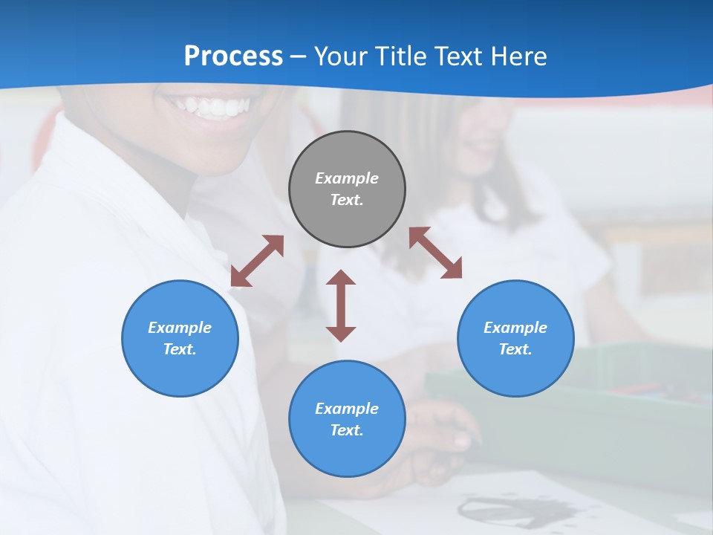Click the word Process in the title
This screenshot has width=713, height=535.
(x=233, y=56)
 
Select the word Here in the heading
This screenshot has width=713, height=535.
(x=517, y=56)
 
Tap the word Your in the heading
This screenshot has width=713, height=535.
(x=342, y=56)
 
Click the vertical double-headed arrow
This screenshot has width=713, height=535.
(x=341, y=305)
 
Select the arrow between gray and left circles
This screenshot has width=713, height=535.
(x=257, y=261)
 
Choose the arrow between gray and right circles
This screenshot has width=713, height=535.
(x=435, y=253)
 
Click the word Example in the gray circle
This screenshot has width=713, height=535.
(x=347, y=178)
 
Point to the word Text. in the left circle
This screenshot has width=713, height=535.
(x=180, y=349)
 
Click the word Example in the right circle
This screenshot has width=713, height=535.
(x=515, y=328)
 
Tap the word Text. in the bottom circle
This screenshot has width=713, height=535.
(x=347, y=430)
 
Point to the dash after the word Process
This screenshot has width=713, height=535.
(x=299, y=57)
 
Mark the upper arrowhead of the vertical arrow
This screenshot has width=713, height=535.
(x=341, y=278)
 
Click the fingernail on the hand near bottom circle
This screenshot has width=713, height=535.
(x=462, y=441)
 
